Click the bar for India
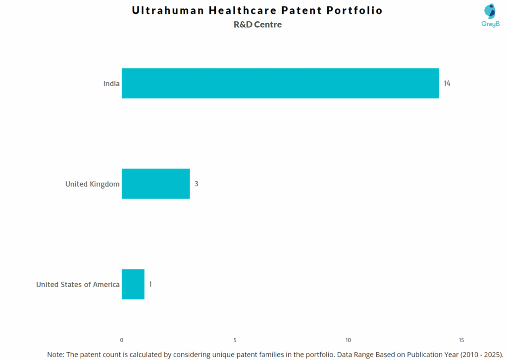[280, 83]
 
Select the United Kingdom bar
[155, 184]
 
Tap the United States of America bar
[133, 284]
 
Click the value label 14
[447, 83]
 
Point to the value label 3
[196, 184]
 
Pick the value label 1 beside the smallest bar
[151, 284]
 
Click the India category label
[111, 84]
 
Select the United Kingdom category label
[92, 184]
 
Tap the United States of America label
[78, 285]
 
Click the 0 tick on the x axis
[122, 340]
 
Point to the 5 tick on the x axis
[235, 340]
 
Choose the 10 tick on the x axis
[348, 340]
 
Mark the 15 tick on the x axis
[461, 340]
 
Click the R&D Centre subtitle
[257, 25]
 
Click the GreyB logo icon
[490, 11]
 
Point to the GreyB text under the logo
[490, 24]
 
